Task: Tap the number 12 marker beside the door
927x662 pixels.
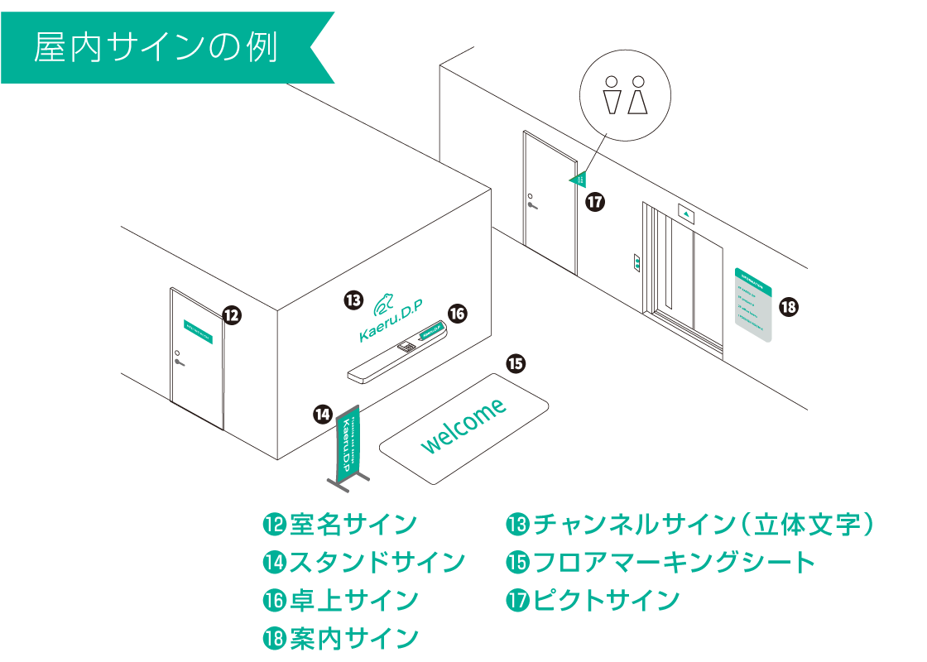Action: [232, 314]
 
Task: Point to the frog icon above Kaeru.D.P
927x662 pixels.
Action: [385, 304]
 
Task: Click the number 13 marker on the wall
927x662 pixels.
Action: [353, 300]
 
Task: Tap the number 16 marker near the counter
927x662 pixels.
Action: [458, 313]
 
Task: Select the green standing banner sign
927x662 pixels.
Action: [348, 445]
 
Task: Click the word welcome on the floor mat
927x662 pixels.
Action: [463, 426]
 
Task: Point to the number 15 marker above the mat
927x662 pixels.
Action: [516, 362]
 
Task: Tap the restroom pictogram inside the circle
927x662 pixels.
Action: [625, 95]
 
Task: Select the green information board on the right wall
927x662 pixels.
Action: [753, 305]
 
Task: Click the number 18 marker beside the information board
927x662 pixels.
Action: [788, 307]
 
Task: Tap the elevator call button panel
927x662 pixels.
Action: [636, 262]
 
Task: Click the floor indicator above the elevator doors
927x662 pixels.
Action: [687, 213]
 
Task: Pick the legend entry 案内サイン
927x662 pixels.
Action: [340, 638]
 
